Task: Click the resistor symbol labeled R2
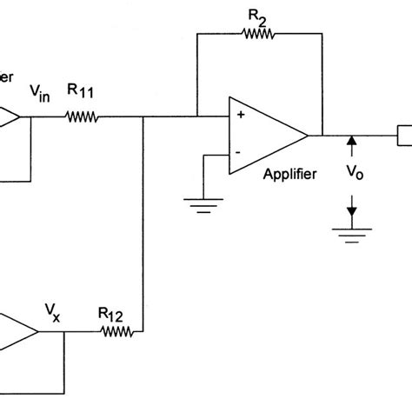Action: coord(257,34)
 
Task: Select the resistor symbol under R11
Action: coord(83,116)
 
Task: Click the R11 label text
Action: coord(82,90)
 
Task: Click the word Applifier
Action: coord(289,173)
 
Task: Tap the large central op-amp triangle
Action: coord(265,135)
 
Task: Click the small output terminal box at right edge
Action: coord(405,135)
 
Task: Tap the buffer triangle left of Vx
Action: coord(19,331)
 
